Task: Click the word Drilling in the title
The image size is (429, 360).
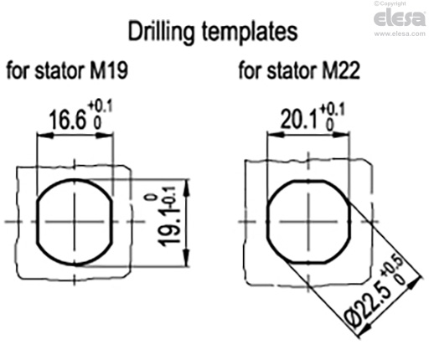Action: coord(163,33)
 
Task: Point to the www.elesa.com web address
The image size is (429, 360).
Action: coord(399,34)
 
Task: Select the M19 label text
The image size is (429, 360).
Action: coord(108,72)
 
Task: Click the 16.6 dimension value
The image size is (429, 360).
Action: coord(66,121)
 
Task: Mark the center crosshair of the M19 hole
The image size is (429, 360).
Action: coord(75,221)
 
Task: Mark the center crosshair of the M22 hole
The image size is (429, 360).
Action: coord(307,221)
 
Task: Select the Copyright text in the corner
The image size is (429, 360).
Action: coord(398,4)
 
